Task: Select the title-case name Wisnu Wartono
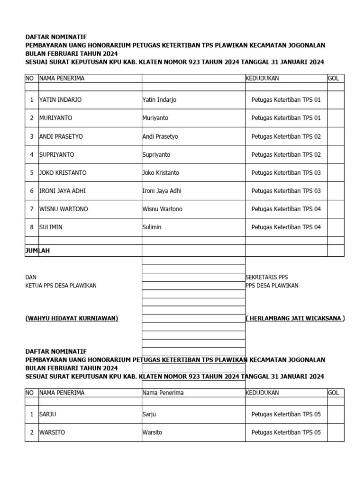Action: tap(162, 209)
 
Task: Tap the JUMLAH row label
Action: tap(37, 251)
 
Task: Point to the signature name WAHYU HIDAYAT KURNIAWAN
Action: tap(72, 318)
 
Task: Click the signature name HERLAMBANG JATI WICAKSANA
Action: tap(295, 318)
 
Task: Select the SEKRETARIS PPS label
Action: tap(266, 277)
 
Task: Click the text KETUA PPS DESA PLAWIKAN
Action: tap(61, 286)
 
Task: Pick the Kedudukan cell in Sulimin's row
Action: tap(286, 227)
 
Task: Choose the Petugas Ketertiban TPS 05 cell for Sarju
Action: tap(286, 414)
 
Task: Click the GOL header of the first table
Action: tap(333, 78)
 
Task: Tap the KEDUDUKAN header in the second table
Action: tap(262, 393)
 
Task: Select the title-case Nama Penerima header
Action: tap(163, 393)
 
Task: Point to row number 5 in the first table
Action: tap(32, 173)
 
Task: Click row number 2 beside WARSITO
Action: tap(32, 432)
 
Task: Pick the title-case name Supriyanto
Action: tap(156, 154)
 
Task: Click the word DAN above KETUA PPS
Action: tap(30, 277)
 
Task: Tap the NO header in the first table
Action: tap(30, 78)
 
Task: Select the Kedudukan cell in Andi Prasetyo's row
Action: tap(286, 136)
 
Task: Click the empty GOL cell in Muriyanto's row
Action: tap(336, 118)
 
